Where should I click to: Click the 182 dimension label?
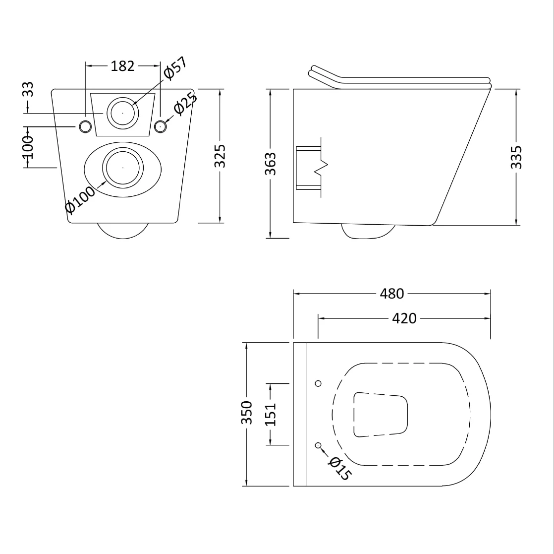tap(122, 66)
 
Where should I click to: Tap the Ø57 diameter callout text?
tap(175, 68)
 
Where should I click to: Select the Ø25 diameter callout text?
tap(185, 103)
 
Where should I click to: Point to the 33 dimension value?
tap(28, 89)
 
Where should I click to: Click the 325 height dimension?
tap(220, 156)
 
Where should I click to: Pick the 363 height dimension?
tap(271, 164)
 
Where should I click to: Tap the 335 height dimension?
tap(516, 157)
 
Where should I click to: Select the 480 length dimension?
tap(392, 294)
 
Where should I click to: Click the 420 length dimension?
tap(404, 318)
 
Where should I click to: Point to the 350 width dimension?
tap(247, 413)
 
